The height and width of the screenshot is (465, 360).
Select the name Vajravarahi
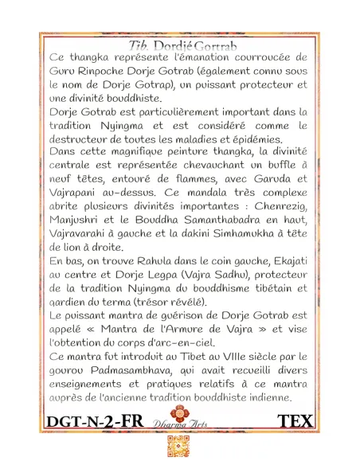(84, 233)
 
